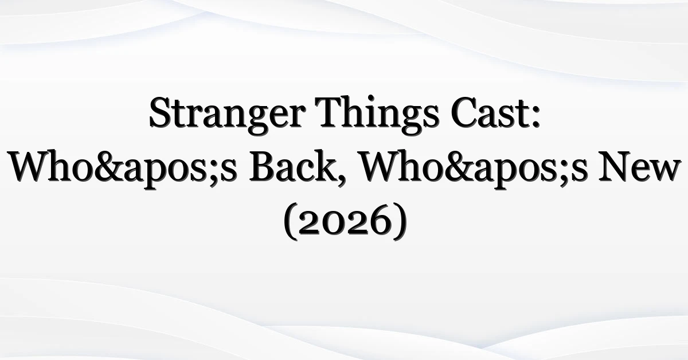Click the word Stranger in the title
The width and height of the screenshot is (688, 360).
(227, 115)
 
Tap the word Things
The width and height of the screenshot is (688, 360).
(378, 115)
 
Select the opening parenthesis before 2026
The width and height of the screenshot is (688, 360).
(290, 221)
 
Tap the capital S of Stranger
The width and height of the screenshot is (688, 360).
(162, 112)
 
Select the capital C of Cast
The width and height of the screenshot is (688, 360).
(464, 112)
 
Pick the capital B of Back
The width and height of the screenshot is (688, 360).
(263, 166)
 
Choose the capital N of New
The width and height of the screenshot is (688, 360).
(615, 166)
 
